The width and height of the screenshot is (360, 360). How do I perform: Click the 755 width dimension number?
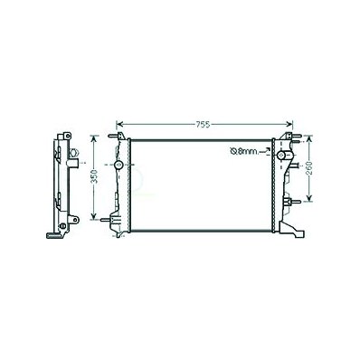point(203,125)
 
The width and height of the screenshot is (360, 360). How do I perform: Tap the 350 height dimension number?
point(94,176)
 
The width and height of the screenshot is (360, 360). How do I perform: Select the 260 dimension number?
point(309,169)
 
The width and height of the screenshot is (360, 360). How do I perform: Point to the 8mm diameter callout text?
point(244,151)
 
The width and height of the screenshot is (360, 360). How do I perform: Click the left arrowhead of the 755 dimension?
point(119,124)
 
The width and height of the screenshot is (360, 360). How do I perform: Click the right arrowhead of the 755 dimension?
point(289,124)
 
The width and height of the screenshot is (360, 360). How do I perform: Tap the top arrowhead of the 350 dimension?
point(94,138)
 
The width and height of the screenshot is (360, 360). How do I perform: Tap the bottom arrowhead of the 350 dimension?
point(94,215)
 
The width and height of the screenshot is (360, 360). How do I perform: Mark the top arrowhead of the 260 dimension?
point(309,138)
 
